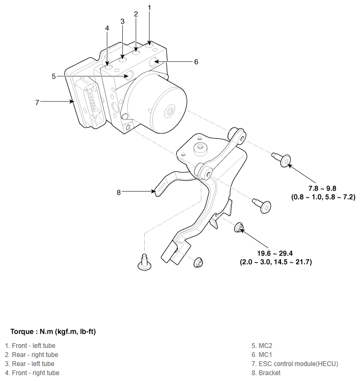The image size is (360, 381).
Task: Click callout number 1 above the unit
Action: click(x=150, y=7)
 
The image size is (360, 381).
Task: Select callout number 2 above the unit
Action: click(x=136, y=14)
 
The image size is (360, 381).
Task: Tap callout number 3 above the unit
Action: click(x=122, y=21)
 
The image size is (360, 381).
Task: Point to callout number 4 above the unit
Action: click(x=107, y=28)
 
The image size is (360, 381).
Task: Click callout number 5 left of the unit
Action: click(x=53, y=76)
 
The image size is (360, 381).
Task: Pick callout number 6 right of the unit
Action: click(x=196, y=62)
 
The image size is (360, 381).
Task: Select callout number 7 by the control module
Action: click(x=37, y=102)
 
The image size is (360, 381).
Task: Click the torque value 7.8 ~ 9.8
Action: click(x=322, y=188)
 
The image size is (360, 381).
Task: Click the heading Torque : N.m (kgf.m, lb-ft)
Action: click(x=53, y=331)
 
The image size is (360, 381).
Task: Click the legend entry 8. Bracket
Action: click(x=266, y=373)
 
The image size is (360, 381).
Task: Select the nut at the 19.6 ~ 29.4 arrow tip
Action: click(x=240, y=229)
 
